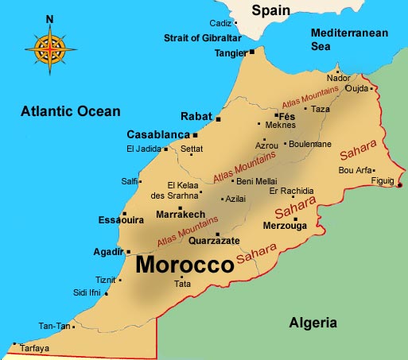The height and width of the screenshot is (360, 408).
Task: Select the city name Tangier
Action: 230,53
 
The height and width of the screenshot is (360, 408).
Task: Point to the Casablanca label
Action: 158,134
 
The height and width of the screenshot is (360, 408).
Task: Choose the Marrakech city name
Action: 181,215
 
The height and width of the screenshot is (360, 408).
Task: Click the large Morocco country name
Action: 185,265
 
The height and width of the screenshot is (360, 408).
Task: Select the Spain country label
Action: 270,10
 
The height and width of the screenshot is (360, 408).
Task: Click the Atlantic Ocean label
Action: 71,111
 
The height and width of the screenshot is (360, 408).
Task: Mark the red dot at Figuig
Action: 399,186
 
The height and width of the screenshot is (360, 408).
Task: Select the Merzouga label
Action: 285,226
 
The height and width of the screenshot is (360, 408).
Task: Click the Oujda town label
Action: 358,88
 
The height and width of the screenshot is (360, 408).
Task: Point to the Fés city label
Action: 287,115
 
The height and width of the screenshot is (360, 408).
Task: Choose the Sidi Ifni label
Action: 88,292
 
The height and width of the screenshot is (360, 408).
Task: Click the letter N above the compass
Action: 50,18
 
